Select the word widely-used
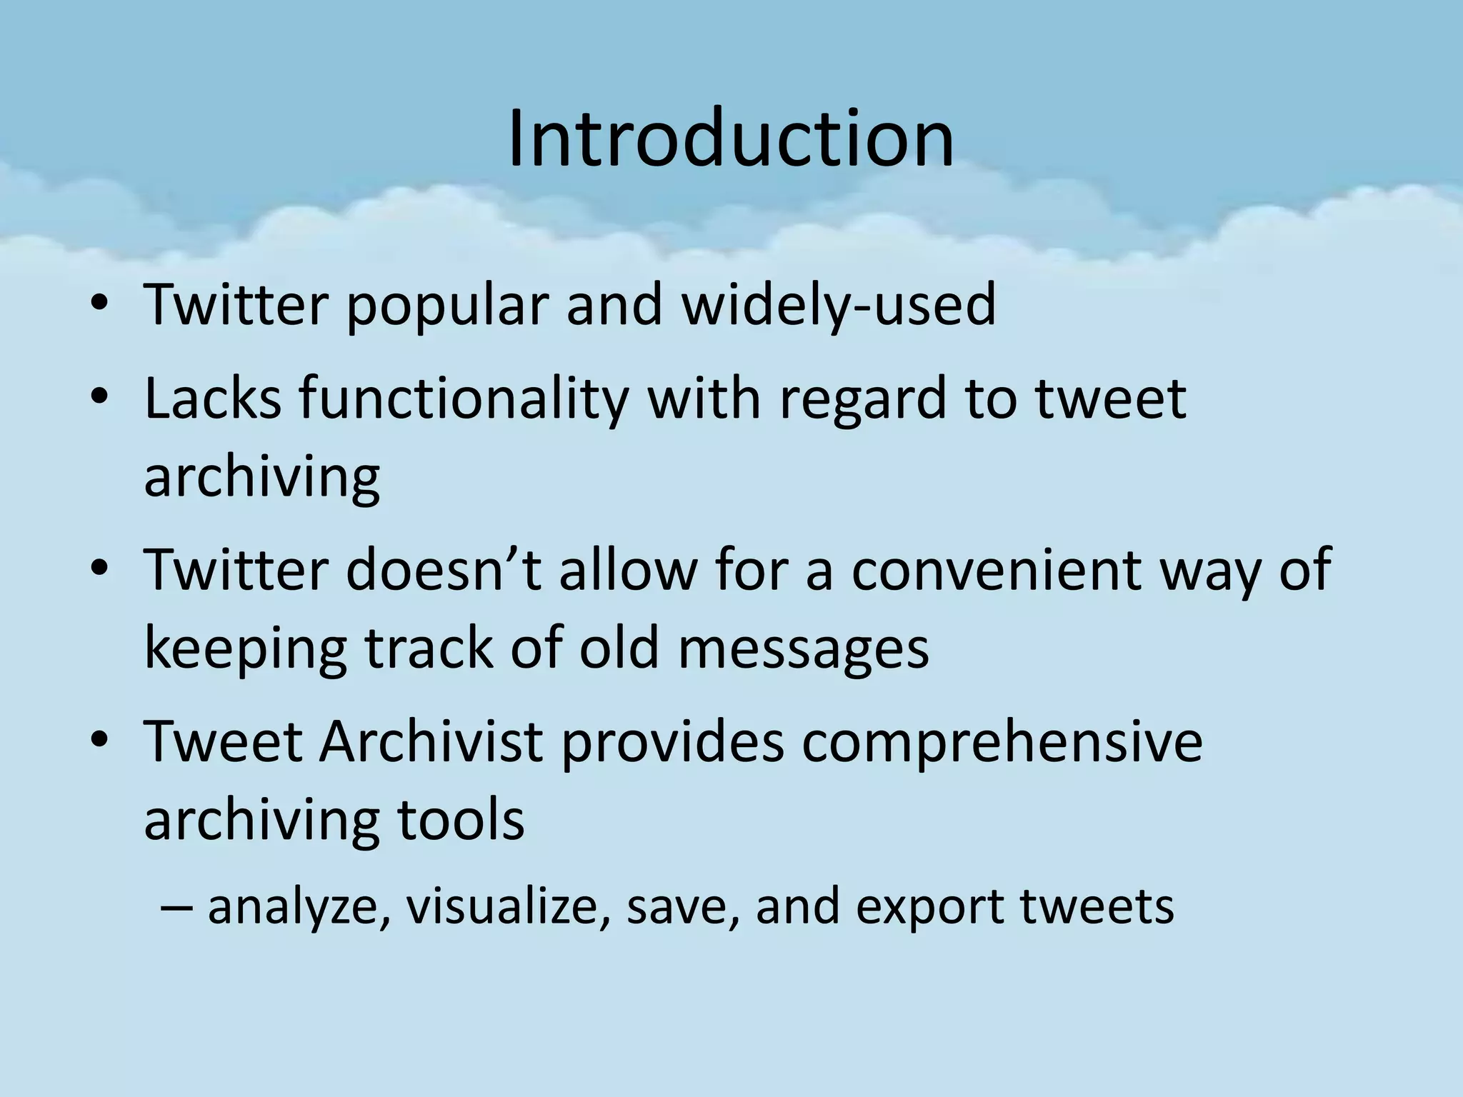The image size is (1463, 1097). pyautogui.click(x=839, y=306)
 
